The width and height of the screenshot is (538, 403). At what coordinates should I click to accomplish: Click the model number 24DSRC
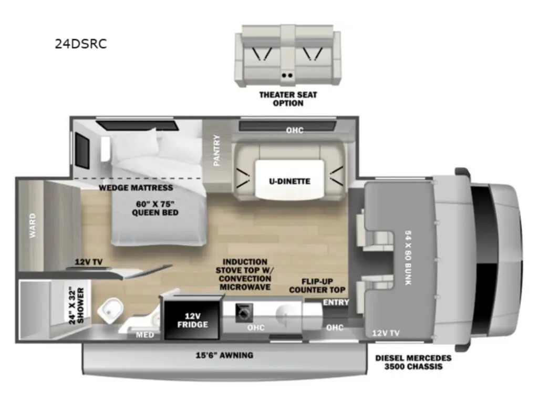pos(81,44)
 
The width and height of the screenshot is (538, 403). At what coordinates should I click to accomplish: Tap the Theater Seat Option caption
pos(288,99)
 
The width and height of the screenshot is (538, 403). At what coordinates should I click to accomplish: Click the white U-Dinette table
pos(289,179)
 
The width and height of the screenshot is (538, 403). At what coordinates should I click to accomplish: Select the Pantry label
pos(217,150)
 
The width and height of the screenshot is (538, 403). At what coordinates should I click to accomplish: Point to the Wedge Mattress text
pos(136,188)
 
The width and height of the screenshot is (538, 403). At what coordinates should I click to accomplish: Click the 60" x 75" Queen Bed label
pos(155,208)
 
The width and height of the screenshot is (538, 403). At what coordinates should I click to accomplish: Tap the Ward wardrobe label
pos(33,226)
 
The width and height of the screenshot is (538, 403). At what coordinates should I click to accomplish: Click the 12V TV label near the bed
pos(88,262)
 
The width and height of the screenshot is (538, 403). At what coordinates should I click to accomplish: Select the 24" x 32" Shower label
pos(76,305)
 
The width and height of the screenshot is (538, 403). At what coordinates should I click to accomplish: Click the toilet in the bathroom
pos(110,311)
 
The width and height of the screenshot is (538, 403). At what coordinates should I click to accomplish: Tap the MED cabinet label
pos(145,335)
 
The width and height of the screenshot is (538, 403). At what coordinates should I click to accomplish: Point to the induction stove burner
pos(244,313)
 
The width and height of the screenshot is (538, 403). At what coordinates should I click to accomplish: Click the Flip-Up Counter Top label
pos(317,286)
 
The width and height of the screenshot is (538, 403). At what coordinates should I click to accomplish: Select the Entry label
pos(336,302)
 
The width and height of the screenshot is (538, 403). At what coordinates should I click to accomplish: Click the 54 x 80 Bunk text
pos(408,258)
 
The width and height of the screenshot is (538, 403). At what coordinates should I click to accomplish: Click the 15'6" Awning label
pos(224,355)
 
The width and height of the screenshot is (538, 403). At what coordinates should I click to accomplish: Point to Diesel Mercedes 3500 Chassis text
pos(413,362)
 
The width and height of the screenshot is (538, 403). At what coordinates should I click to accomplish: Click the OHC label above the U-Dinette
pos(295,130)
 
